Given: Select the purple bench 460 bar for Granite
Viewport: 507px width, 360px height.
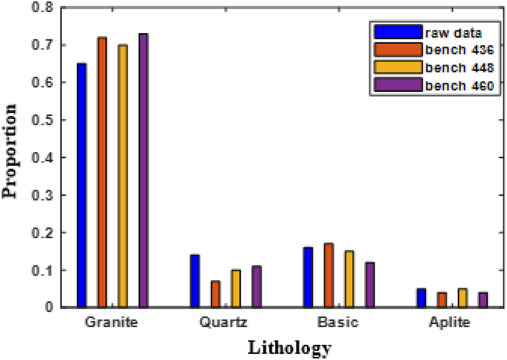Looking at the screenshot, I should point(143,170).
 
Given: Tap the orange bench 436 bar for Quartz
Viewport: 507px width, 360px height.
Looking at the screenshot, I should point(215,294).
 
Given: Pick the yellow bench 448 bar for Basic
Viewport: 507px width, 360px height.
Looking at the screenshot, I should point(349,279).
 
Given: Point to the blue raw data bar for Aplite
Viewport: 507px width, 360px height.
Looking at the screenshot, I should point(422,298).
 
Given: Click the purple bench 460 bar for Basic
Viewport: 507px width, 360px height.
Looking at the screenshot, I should point(370,284).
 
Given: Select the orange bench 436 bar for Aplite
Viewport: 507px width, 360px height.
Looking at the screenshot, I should point(442,300).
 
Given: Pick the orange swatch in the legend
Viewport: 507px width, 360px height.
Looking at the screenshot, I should point(398,50).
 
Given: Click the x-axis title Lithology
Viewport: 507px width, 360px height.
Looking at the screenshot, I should point(289,348).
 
